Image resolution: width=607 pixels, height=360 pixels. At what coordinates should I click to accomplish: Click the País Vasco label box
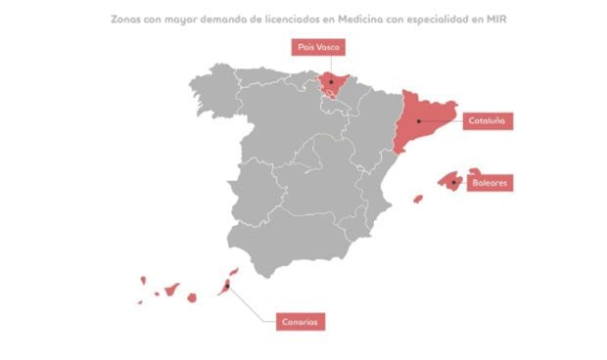click(x=314, y=45)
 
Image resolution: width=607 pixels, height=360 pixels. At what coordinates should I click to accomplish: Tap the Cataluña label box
click(x=488, y=121)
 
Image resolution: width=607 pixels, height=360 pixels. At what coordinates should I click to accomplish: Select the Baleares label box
click(x=490, y=183)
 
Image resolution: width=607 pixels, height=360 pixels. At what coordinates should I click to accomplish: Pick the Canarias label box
click(x=299, y=321)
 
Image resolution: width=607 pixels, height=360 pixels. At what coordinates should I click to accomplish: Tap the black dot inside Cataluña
click(x=418, y=121)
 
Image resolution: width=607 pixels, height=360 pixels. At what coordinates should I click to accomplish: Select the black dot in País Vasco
click(x=331, y=81)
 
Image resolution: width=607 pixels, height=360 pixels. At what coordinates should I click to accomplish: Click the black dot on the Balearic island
click(x=453, y=182)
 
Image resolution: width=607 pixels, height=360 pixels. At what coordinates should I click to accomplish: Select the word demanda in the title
click(x=239, y=18)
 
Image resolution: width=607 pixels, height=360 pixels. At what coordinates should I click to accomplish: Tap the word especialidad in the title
click(x=445, y=18)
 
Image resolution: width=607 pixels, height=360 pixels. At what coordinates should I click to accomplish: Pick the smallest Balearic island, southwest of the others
click(x=418, y=200)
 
